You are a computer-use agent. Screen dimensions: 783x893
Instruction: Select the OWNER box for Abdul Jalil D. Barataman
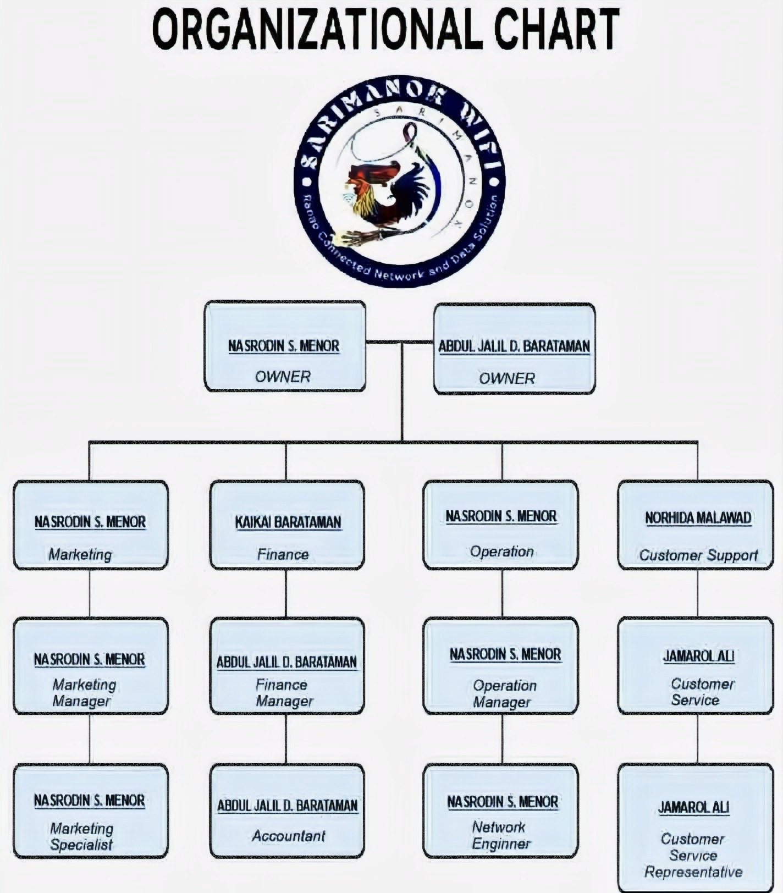click(x=515, y=349)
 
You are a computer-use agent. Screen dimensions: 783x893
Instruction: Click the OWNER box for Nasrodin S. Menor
click(x=285, y=346)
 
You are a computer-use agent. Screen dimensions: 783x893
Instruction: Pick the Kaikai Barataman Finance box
click(x=287, y=525)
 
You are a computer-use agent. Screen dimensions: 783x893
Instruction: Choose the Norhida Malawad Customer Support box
click(x=696, y=525)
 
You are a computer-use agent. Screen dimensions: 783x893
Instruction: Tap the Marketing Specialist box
click(x=91, y=811)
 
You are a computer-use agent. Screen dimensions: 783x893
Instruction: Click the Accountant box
click(x=287, y=811)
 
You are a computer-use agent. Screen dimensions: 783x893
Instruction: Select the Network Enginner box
click(x=501, y=811)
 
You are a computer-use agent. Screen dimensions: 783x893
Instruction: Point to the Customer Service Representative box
click(x=696, y=826)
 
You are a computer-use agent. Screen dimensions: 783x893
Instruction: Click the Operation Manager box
click(x=501, y=665)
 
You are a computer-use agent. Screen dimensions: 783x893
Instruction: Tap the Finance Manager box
click(x=287, y=665)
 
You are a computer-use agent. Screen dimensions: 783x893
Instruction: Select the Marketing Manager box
click(x=91, y=665)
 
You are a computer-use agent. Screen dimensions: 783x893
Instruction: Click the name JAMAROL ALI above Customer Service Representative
click(x=694, y=807)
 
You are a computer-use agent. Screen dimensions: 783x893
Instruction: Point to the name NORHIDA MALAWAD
click(x=698, y=518)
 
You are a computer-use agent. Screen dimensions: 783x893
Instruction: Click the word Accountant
click(x=289, y=836)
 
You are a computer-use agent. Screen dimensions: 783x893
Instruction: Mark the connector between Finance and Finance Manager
click(x=286, y=593)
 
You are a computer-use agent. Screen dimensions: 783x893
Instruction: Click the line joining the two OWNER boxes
click(x=400, y=342)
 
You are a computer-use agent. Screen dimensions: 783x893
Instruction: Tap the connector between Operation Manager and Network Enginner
click(x=502, y=739)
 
